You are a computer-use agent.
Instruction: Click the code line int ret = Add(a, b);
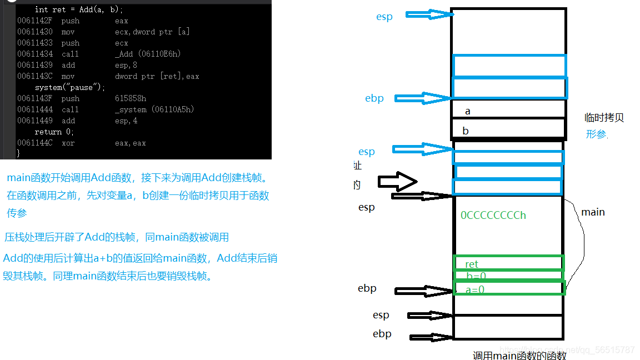(78, 9)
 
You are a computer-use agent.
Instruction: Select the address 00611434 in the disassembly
(35, 54)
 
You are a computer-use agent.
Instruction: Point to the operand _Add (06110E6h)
(148, 54)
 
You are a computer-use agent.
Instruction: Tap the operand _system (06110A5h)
(154, 109)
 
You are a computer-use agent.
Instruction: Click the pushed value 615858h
(131, 98)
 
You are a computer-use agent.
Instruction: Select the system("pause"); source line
(70, 87)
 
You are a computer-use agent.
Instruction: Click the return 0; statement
(54, 132)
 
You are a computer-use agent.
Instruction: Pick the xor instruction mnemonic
(68, 143)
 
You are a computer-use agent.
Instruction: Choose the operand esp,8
(126, 65)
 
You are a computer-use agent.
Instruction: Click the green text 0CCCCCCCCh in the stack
(493, 215)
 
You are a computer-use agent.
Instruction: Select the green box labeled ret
(509, 263)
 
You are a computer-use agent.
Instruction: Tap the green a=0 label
(475, 289)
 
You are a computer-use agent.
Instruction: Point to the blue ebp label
(374, 98)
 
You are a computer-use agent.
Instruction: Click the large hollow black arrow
(397, 182)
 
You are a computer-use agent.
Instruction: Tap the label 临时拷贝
(604, 118)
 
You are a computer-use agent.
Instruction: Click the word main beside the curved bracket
(593, 212)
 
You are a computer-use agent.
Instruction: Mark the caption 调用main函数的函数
(519, 356)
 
